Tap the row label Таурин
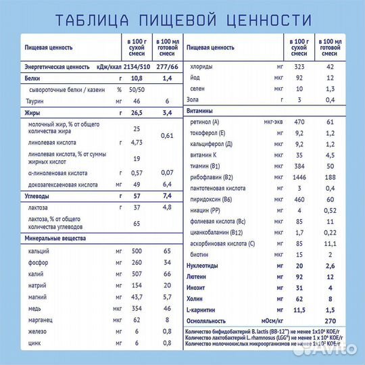(37, 101)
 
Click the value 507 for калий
(137, 274)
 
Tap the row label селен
(201, 89)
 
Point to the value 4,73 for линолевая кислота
(137, 143)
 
